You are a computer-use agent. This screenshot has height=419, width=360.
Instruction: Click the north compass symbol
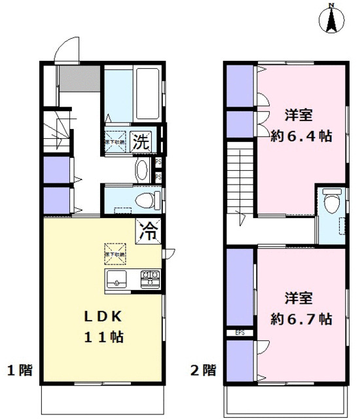[x=332, y=19]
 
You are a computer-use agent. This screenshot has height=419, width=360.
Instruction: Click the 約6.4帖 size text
[x=300, y=137]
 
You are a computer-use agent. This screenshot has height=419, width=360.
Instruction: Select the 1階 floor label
[x=20, y=371]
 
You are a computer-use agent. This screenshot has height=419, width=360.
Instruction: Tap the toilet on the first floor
[x=141, y=198]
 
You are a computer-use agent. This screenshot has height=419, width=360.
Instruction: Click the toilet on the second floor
[x=332, y=201]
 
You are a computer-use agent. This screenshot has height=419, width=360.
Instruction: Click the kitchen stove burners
[x=151, y=279]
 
